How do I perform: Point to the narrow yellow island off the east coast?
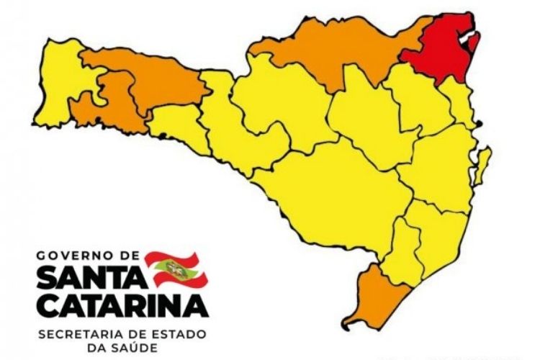pyautogui.click(x=483, y=166)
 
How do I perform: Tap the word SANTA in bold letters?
pyautogui.click(x=90, y=278)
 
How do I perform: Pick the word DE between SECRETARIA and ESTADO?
pyautogui.click(x=131, y=333)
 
